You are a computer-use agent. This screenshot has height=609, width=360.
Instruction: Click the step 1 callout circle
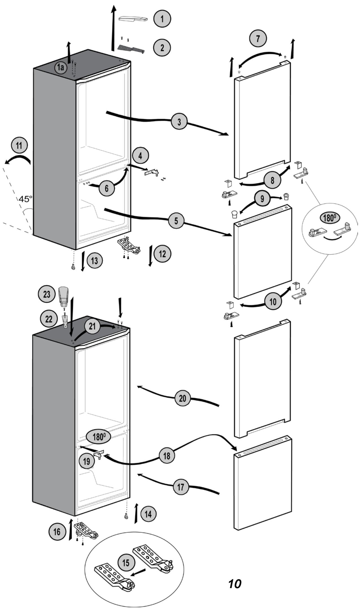pos(162,19)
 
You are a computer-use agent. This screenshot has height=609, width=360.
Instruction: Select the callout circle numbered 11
pos(19,145)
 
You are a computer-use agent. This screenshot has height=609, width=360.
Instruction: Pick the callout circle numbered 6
pos(107,188)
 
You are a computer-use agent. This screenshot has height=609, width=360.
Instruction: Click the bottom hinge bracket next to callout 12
pos(129,245)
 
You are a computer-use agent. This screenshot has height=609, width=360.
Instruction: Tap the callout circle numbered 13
pos(94,261)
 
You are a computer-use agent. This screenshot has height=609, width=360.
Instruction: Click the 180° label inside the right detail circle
pos(329,218)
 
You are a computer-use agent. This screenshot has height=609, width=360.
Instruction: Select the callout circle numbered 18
pos(167,456)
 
